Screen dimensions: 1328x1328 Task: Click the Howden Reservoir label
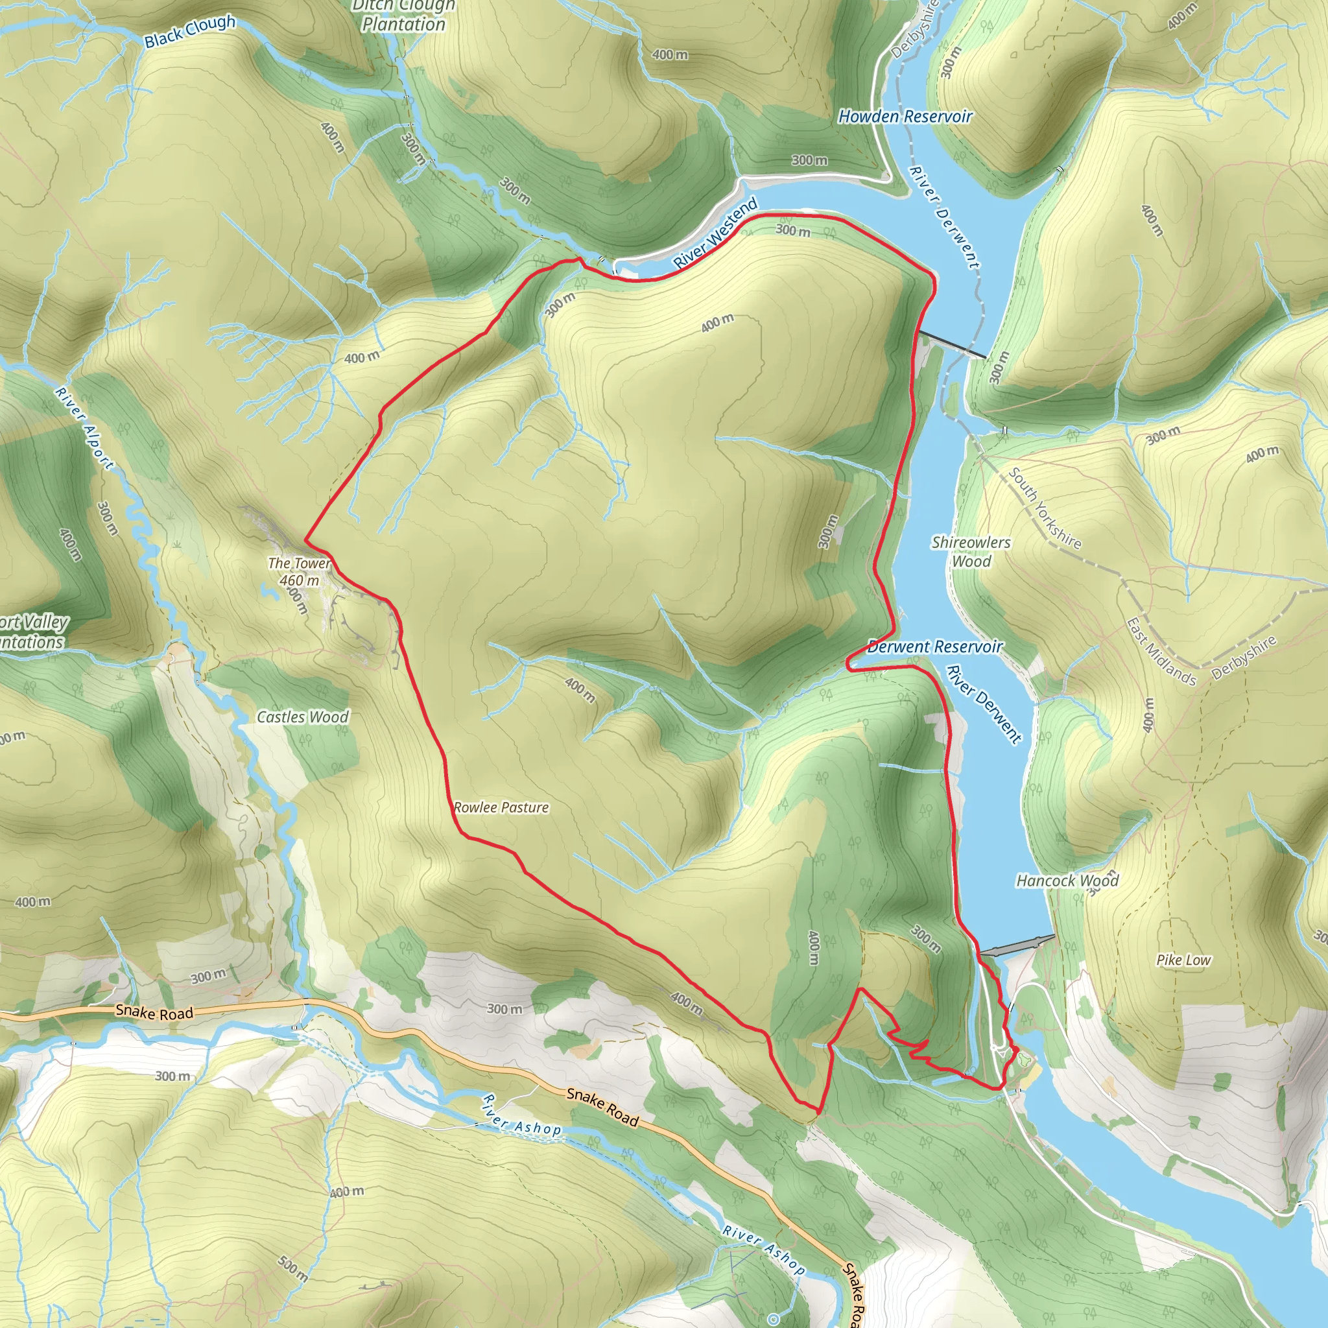click(x=905, y=117)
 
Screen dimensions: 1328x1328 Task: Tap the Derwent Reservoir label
click(x=935, y=646)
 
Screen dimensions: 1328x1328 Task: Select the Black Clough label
click(x=190, y=32)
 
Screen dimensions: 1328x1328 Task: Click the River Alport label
click(x=84, y=429)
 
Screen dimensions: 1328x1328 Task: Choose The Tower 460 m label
click(x=299, y=571)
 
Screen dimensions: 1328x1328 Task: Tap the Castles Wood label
click(x=302, y=717)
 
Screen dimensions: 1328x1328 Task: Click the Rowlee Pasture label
click(x=501, y=808)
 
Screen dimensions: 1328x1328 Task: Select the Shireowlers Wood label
click(x=971, y=551)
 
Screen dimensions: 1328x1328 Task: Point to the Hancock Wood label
click(x=1067, y=881)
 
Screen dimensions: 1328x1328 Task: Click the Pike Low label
click(x=1183, y=960)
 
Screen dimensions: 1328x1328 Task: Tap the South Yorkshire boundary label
click(x=1045, y=508)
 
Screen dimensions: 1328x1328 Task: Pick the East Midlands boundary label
click(x=1161, y=652)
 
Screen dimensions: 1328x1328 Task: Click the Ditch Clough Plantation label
click(x=403, y=15)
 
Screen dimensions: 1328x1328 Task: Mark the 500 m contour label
click(x=293, y=1268)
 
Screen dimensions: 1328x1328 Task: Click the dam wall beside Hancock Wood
click(x=1017, y=947)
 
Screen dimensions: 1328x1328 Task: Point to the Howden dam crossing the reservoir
click(x=952, y=344)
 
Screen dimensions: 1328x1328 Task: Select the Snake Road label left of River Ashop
click(x=155, y=1012)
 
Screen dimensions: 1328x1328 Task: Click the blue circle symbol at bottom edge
click(x=774, y=1318)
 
